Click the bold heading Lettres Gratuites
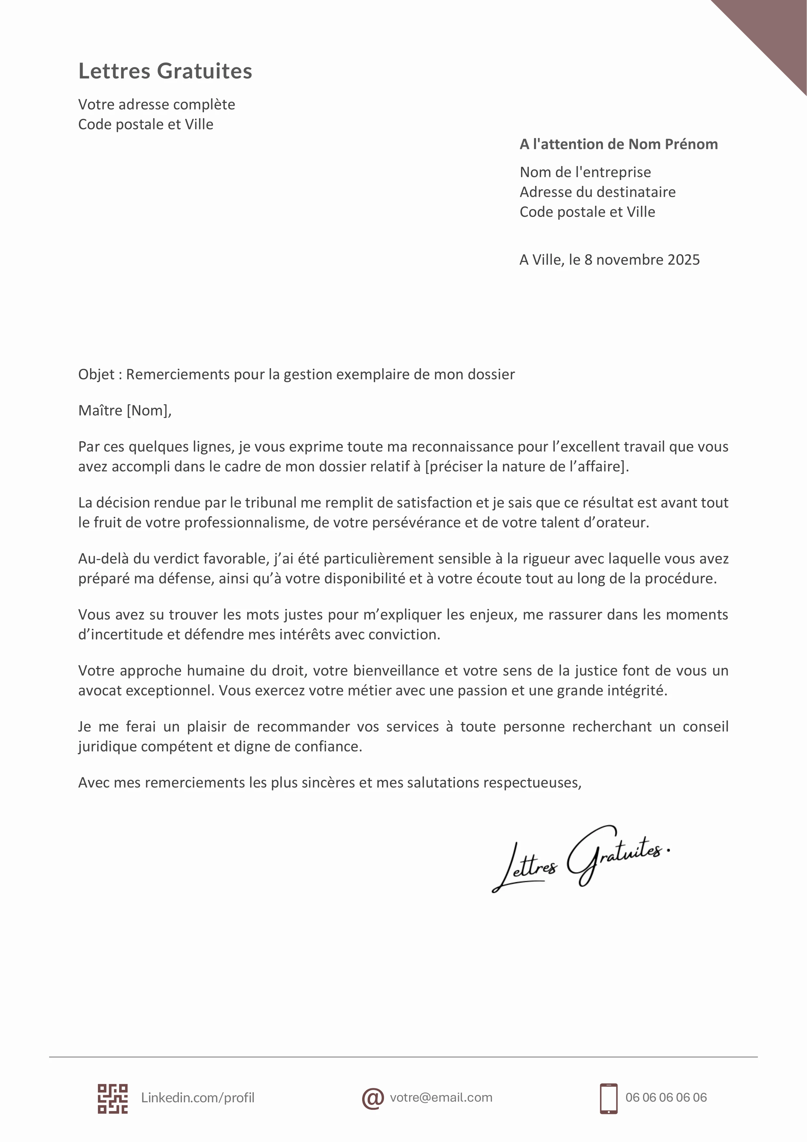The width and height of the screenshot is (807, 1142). coord(165,71)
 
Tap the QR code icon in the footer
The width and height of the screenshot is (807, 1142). coord(112,1098)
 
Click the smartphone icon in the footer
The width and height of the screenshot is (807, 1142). coord(609,1098)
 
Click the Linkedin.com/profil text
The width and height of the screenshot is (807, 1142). coord(198,1098)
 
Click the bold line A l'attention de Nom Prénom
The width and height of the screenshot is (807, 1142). coord(619,144)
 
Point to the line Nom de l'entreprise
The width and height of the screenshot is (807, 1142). coord(585,172)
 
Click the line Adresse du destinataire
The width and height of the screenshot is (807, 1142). coord(597,192)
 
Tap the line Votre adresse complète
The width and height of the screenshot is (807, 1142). coord(156,104)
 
